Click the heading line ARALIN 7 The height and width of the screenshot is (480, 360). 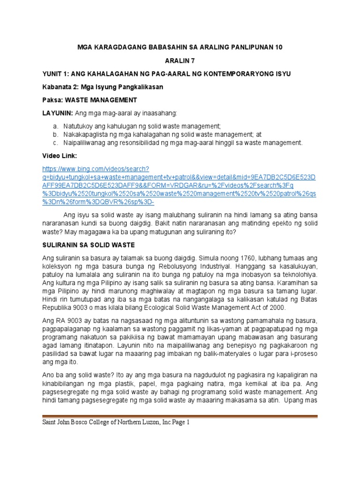click(x=180, y=60)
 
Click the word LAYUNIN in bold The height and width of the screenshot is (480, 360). click(x=56, y=113)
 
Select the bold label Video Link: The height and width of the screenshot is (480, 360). click(x=58, y=155)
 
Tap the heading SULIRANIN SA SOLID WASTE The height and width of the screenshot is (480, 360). click(x=89, y=244)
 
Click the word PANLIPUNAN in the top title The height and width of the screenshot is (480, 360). click(x=241, y=47)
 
